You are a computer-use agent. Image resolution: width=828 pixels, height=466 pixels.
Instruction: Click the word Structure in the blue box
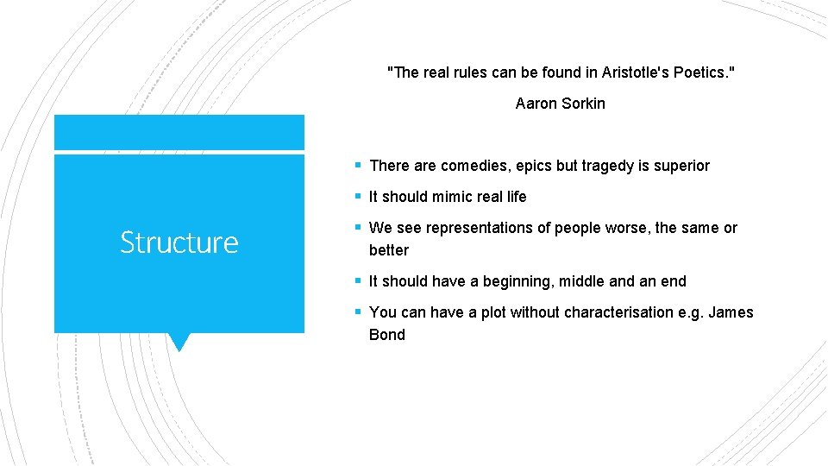pos(179,242)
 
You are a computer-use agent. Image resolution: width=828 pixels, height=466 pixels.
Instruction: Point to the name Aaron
pos(535,104)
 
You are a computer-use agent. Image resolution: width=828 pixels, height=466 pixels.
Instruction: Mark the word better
pos(389,250)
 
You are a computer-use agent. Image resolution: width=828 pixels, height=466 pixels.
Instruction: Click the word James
pos(731,312)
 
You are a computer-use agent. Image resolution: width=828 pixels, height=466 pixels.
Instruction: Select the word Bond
pos(387,335)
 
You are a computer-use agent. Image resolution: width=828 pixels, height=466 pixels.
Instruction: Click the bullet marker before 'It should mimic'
pos(357,197)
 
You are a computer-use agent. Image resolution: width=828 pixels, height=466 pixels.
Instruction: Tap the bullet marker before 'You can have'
pos(357,312)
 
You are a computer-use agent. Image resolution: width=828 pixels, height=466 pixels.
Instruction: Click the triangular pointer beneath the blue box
pos(179,342)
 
